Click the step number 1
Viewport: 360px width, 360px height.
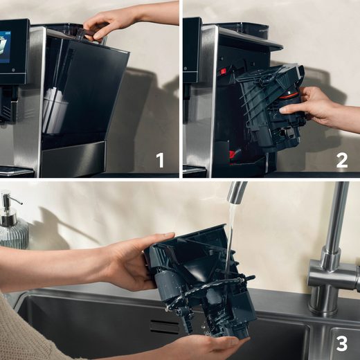(160, 161)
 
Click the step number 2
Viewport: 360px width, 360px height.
(341, 161)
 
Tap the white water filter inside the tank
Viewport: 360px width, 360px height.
(54, 111)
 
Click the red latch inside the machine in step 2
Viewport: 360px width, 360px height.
(224, 71)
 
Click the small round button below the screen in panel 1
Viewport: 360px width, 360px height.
(8, 110)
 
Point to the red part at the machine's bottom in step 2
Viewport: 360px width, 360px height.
(235, 154)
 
